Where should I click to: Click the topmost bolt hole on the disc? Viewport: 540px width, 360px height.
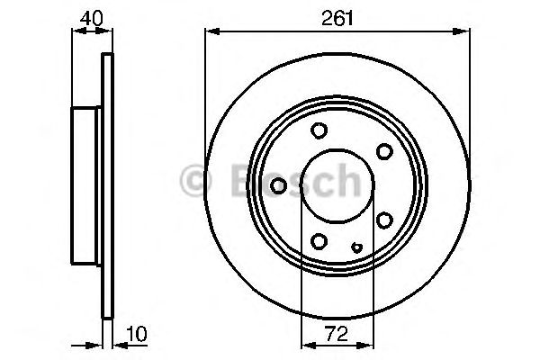tap(319, 131)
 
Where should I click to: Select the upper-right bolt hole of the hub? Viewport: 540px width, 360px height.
tap(384, 150)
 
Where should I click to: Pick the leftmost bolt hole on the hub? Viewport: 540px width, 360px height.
tap(279, 185)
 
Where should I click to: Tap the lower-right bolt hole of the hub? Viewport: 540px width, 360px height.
tap(384, 220)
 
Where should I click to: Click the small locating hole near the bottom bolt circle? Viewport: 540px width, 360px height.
tap(357, 247)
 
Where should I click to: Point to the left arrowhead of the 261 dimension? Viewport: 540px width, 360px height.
tap(211, 32)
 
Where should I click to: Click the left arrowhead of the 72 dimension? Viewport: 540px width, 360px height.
tap(305, 343)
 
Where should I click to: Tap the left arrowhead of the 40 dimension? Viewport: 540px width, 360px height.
tap(76, 32)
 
